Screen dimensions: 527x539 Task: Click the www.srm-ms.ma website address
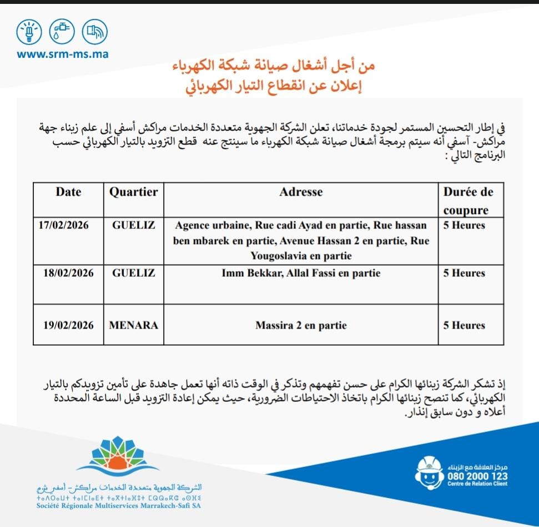(62, 54)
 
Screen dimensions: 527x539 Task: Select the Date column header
(68, 192)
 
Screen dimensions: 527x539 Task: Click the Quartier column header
(133, 192)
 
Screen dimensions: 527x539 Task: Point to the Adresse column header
(301, 192)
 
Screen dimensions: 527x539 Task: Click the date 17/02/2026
(64, 226)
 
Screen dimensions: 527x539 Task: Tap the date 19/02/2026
(68, 325)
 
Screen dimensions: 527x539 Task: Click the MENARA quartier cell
(133, 325)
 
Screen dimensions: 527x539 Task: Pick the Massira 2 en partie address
(300, 325)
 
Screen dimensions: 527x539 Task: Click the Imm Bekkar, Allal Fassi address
(301, 273)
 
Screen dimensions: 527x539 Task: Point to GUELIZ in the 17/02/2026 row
(133, 226)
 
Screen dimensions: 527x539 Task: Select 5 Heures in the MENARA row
(464, 325)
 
